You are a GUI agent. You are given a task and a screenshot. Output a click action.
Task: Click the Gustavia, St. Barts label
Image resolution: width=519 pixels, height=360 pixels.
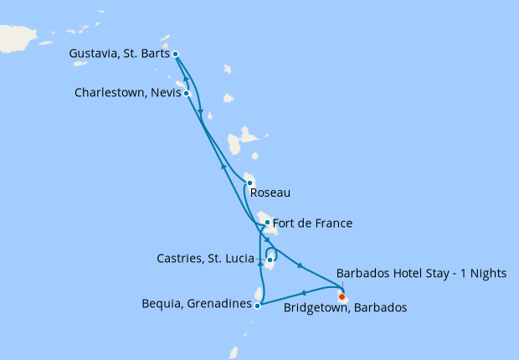(x=119, y=54)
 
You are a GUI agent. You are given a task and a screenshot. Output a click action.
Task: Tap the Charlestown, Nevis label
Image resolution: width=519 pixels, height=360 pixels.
(x=127, y=93)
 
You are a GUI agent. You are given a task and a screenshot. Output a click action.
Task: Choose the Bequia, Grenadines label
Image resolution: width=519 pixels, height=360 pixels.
(x=197, y=305)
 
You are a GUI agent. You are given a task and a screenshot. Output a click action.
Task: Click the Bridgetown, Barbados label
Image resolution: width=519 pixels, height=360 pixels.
(x=345, y=308)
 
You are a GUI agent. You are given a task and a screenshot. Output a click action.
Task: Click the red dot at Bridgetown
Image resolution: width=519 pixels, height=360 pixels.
(x=342, y=294)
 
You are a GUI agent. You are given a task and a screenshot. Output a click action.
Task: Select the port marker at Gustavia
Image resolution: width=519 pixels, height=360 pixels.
(x=175, y=54)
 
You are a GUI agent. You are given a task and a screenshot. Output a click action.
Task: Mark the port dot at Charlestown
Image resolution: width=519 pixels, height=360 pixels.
(x=188, y=93)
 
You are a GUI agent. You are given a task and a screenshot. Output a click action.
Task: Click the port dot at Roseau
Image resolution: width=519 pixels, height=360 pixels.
(x=249, y=183)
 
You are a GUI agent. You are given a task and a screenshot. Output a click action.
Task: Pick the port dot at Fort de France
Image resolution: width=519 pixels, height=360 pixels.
(x=267, y=223)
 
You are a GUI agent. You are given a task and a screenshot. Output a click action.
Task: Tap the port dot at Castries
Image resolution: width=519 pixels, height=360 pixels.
(x=270, y=260)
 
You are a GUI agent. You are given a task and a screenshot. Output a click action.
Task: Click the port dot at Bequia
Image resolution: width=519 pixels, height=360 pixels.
(x=257, y=306)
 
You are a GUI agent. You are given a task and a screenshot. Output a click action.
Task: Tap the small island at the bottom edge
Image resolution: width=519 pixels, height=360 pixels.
(x=234, y=353)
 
